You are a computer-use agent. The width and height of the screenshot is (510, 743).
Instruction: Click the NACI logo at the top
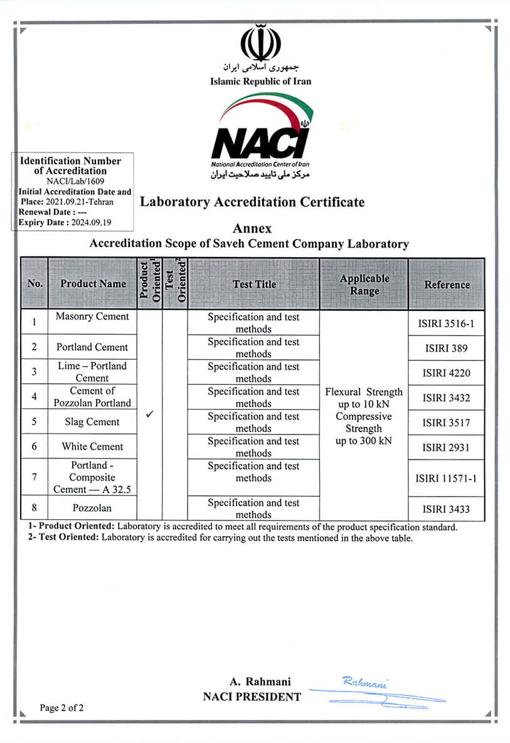click(260, 134)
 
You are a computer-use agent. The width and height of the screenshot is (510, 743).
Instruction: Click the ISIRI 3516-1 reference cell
click(446, 323)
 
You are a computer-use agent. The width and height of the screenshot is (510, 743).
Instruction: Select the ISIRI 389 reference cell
click(446, 348)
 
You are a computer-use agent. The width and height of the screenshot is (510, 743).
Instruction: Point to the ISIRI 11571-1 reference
click(446, 478)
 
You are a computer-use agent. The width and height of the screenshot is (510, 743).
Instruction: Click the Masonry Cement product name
click(92, 317)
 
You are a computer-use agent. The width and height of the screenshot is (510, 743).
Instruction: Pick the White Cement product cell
click(92, 446)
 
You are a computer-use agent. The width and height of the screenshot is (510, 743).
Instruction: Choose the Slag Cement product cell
click(92, 422)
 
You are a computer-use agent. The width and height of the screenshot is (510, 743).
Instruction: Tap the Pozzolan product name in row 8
click(92, 509)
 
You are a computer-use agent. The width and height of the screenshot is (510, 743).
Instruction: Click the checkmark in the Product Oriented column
click(149, 415)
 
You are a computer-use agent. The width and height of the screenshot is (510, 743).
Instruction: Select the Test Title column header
click(254, 284)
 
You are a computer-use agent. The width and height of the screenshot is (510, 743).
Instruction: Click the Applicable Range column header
click(364, 284)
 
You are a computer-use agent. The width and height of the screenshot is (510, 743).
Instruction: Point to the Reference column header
click(447, 285)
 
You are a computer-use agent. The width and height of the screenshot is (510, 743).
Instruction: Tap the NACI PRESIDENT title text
click(252, 697)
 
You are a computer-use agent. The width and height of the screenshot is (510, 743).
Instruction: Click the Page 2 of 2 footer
click(61, 708)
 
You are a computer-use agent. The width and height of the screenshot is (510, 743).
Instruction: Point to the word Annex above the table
click(252, 229)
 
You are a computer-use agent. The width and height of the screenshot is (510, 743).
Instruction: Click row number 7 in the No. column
click(35, 477)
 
